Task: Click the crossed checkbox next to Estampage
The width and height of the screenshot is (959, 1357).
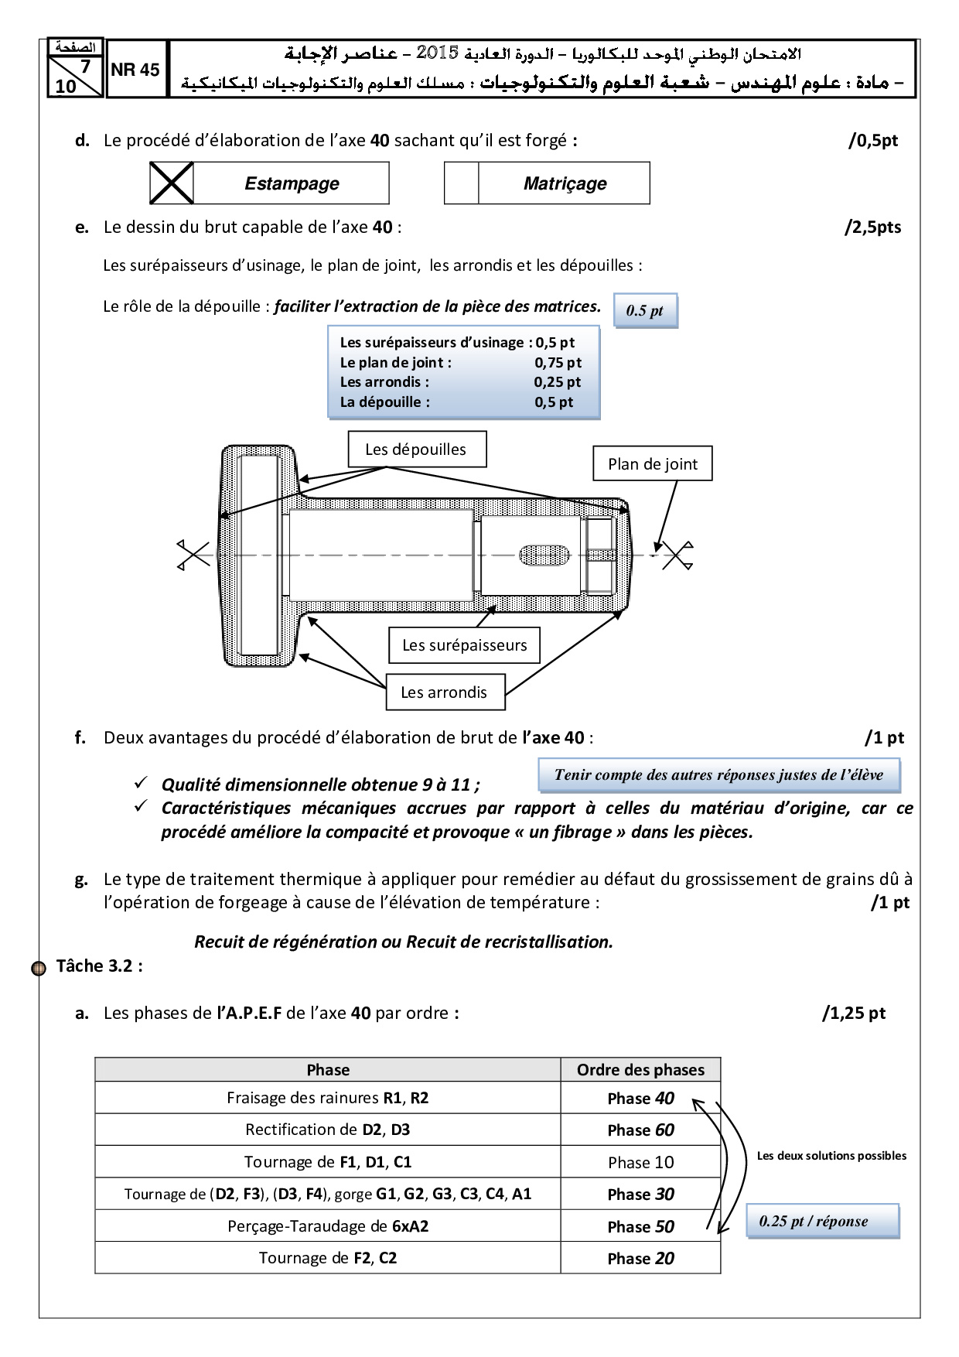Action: click(171, 183)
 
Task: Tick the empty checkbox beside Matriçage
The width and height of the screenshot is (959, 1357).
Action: click(462, 183)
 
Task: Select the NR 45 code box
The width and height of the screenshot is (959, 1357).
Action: click(135, 70)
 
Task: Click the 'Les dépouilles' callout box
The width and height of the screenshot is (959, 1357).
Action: click(416, 449)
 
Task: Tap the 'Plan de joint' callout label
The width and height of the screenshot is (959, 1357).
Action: click(652, 464)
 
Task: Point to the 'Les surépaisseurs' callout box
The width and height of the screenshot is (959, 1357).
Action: click(464, 645)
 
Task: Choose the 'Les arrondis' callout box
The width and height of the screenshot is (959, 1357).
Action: click(445, 692)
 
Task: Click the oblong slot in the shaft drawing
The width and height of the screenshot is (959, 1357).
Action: click(544, 555)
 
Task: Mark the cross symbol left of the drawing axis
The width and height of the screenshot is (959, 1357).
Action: click(194, 554)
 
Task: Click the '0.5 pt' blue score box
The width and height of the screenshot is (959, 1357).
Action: click(645, 311)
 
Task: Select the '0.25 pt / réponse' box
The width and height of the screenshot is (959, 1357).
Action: click(822, 1222)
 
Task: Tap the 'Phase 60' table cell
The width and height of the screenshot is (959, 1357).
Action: click(640, 1130)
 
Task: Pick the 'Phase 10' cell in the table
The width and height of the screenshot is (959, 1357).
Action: click(640, 1162)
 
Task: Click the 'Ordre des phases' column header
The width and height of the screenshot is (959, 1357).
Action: click(640, 1070)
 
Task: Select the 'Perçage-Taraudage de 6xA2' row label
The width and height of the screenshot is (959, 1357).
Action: click(328, 1226)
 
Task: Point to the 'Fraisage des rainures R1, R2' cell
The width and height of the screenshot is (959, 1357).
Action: click(328, 1098)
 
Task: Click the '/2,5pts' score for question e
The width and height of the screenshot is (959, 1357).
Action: click(872, 227)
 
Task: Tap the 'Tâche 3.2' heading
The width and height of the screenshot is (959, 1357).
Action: click(99, 966)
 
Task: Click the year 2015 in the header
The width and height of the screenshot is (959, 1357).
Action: click(439, 53)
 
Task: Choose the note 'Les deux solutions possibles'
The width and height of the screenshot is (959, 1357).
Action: click(831, 1156)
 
